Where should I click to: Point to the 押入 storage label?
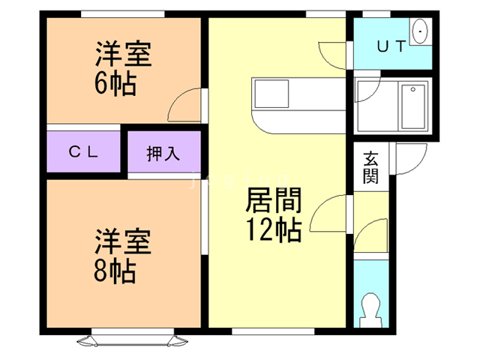pyautogui.click(x=163, y=154)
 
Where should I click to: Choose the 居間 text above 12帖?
pyautogui.click(x=274, y=201)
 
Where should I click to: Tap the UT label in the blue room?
pyautogui.click(x=391, y=46)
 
